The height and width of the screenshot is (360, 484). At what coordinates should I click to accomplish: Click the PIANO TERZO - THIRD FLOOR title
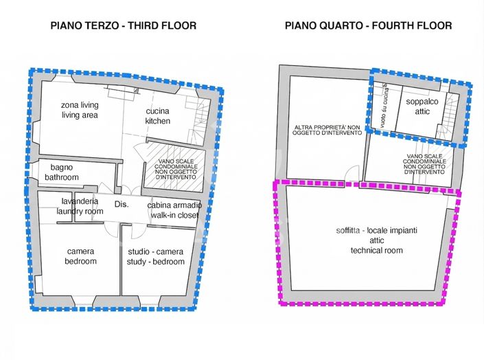click(x=124, y=25)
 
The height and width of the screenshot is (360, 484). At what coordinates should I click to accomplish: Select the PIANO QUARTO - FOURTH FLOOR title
click(x=369, y=25)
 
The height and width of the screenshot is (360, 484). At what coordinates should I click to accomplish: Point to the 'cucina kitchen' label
click(x=157, y=116)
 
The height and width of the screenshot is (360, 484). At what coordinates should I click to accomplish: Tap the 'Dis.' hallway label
click(x=122, y=205)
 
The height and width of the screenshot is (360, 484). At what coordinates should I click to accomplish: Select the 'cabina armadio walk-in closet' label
click(x=174, y=210)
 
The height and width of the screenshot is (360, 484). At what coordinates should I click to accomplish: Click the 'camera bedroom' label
click(x=81, y=256)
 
